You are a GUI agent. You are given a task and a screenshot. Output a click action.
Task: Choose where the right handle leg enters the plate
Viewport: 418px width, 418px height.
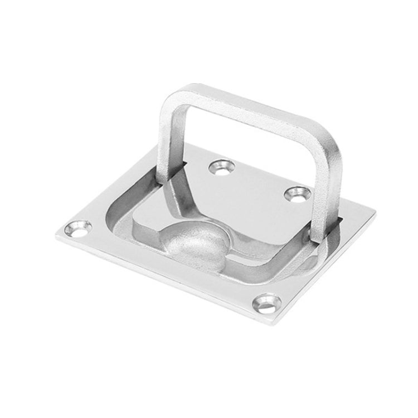tap(320, 234)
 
